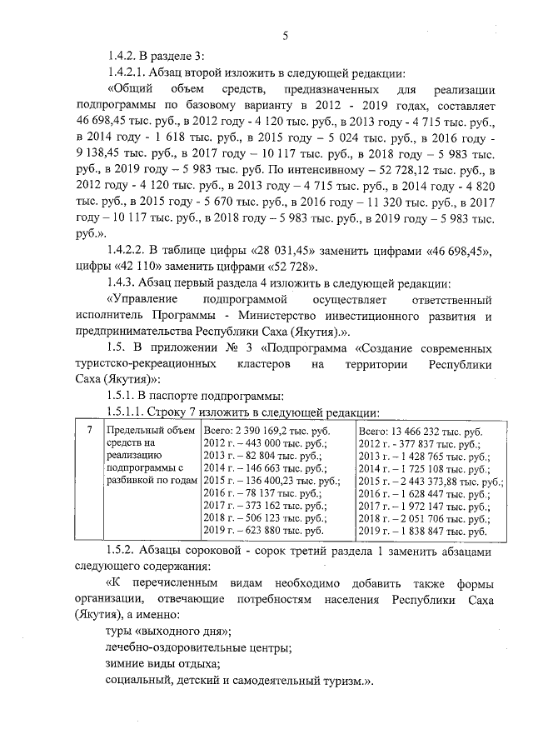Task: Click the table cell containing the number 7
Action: point(89,430)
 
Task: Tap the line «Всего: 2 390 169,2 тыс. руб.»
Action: point(266,431)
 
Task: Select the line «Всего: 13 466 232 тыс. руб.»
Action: point(420,432)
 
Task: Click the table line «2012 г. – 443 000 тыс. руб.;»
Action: point(266,444)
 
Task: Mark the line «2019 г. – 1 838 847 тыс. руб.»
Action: point(421,531)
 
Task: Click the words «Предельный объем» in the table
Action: point(144,431)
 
